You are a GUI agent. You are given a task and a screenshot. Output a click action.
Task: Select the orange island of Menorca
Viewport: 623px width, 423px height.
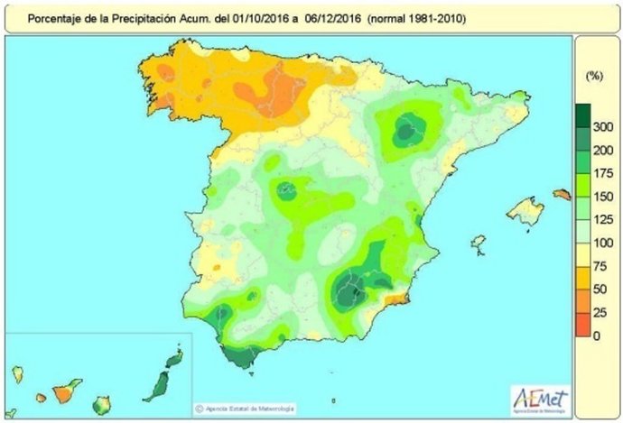tap(562, 194)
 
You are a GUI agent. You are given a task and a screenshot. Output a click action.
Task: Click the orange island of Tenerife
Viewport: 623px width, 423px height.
tap(62, 393)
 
